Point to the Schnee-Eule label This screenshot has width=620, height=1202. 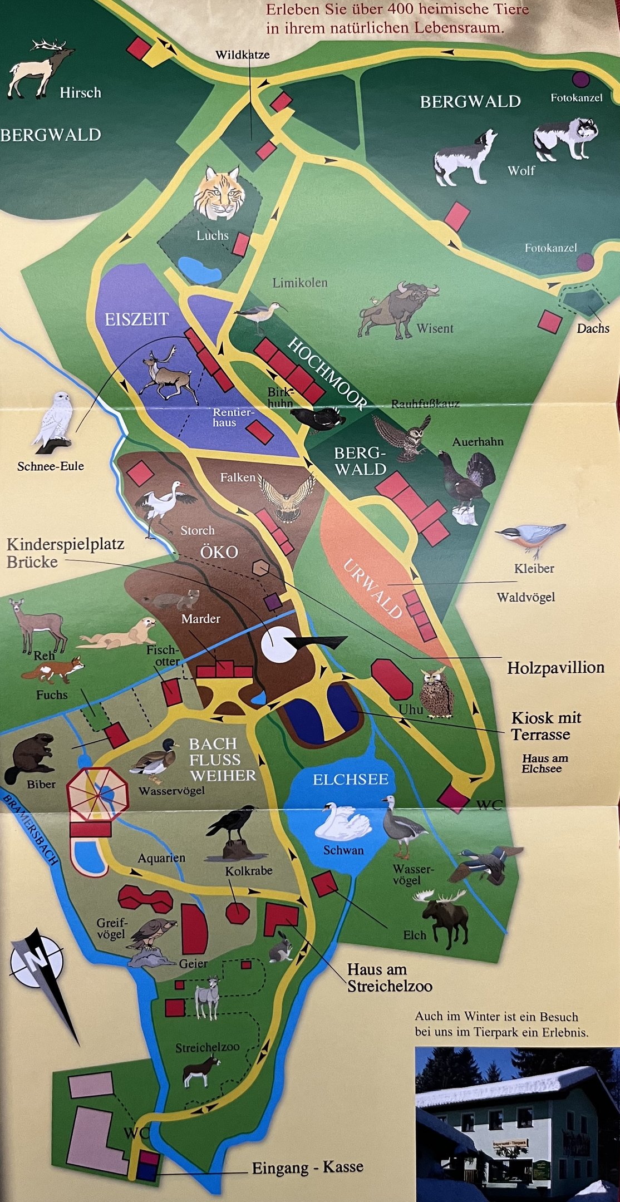(x=51, y=466)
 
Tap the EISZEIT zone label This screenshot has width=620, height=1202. (x=137, y=319)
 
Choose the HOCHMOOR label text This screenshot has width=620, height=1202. (x=327, y=373)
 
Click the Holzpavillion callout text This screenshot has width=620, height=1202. (x=555, y=667)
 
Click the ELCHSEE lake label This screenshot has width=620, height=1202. (x=350, y=779)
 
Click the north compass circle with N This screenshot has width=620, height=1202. (x=37, y=960)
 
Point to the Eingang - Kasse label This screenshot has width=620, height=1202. (x=307, y=1167)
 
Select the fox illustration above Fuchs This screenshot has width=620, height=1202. (x=54, y=669)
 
